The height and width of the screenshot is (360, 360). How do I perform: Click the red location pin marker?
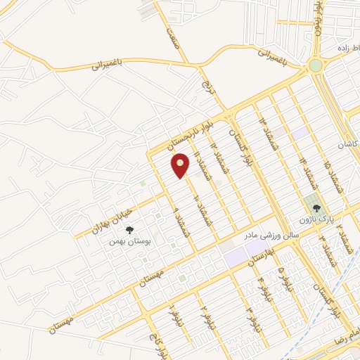point(181,166)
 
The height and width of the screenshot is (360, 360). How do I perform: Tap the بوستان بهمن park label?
point(129,240)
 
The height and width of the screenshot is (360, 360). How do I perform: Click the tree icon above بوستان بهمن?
point(129,229)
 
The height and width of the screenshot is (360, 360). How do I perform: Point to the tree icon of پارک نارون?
point(316,208)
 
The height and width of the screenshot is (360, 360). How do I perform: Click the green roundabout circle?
point(315,65)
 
